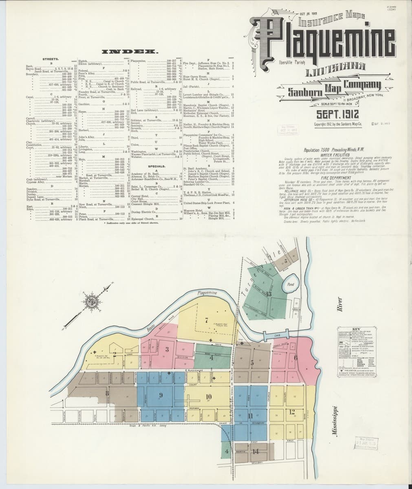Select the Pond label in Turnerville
[x=291, y=284]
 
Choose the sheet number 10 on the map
[x=209, y=396]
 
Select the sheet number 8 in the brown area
[x=107, y=393]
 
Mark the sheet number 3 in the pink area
[x=167, y=349]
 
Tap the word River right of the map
[x=337, y=304]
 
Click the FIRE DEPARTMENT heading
[x=341, y=178]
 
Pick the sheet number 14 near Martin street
[x=256, y=451]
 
